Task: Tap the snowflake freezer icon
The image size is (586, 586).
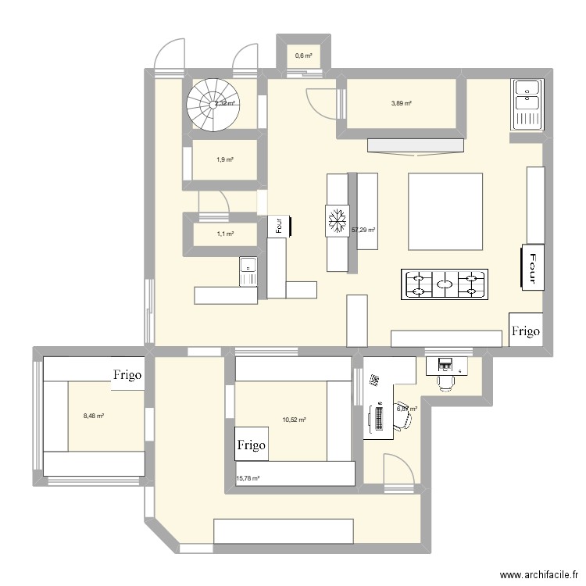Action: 338,221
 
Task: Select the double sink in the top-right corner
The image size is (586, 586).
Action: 527,104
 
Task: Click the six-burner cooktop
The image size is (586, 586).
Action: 445,284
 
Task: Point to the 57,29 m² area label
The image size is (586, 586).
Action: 363,230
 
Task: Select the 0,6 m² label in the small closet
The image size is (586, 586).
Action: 303,55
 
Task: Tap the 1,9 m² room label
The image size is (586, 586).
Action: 224,159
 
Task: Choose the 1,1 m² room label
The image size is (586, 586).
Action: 224,233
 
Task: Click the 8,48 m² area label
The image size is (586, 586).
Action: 94,416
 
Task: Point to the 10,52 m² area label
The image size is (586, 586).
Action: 294,420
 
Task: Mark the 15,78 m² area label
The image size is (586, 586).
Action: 248,479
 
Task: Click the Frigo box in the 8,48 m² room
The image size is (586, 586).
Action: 127,375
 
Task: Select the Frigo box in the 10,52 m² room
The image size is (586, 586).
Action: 252,445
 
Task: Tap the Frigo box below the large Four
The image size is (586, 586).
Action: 526,331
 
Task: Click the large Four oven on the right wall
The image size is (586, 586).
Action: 534,267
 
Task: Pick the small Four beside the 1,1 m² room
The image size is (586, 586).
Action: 279,225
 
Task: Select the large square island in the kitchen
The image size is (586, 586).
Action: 445,211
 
